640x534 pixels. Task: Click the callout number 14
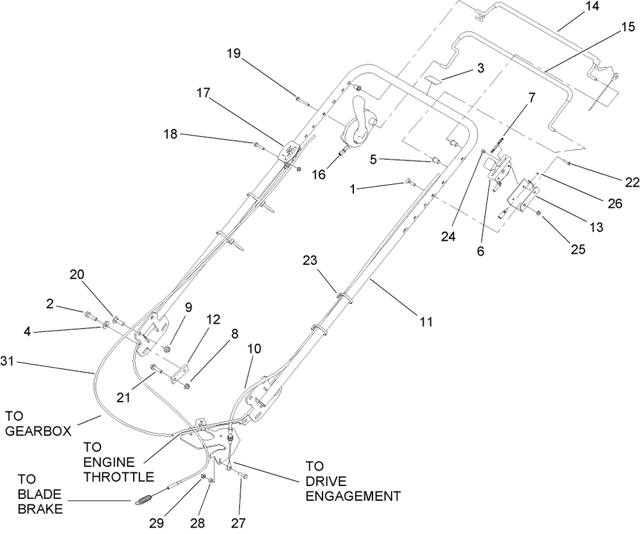[592, 7]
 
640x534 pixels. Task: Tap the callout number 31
[8, 361]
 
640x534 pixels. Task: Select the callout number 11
[426, 322]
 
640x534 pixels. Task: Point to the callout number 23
[310, 260]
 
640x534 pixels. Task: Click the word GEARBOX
[38, 431]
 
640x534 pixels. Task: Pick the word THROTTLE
[118, 476]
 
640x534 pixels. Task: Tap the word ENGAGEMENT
[353, 496]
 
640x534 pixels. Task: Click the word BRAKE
[40, 509]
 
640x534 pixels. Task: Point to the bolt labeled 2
[90, 315]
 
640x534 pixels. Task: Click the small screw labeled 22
[566, 163]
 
